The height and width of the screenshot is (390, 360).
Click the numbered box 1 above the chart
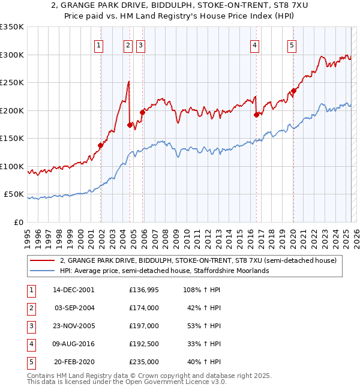point(98,44)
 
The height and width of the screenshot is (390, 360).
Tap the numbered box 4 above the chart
point(255,44)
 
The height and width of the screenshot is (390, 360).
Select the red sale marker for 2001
point(100,145)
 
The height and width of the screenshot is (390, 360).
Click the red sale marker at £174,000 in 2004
point(130,125)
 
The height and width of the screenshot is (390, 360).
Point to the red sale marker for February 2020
point(293,91)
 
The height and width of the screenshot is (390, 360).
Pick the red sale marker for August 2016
point(256,115)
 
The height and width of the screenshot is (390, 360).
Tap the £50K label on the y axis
point(14,194)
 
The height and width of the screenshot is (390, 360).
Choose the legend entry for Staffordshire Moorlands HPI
point(164,271)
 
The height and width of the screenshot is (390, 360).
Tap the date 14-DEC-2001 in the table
point(73,290)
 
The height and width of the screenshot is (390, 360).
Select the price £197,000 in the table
point(143,326)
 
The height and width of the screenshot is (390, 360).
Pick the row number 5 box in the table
point(31,362)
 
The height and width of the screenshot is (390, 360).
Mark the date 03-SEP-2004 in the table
point(73,308)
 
